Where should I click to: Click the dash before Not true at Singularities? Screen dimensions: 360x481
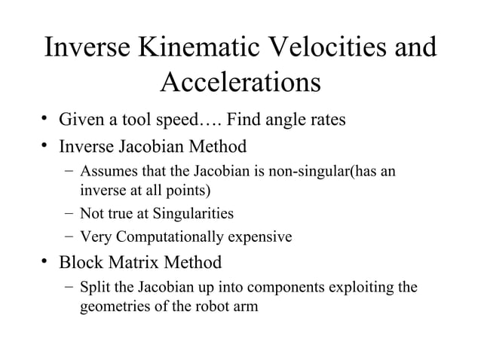[69, 212]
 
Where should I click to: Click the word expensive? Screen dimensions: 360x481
[258, 238]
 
